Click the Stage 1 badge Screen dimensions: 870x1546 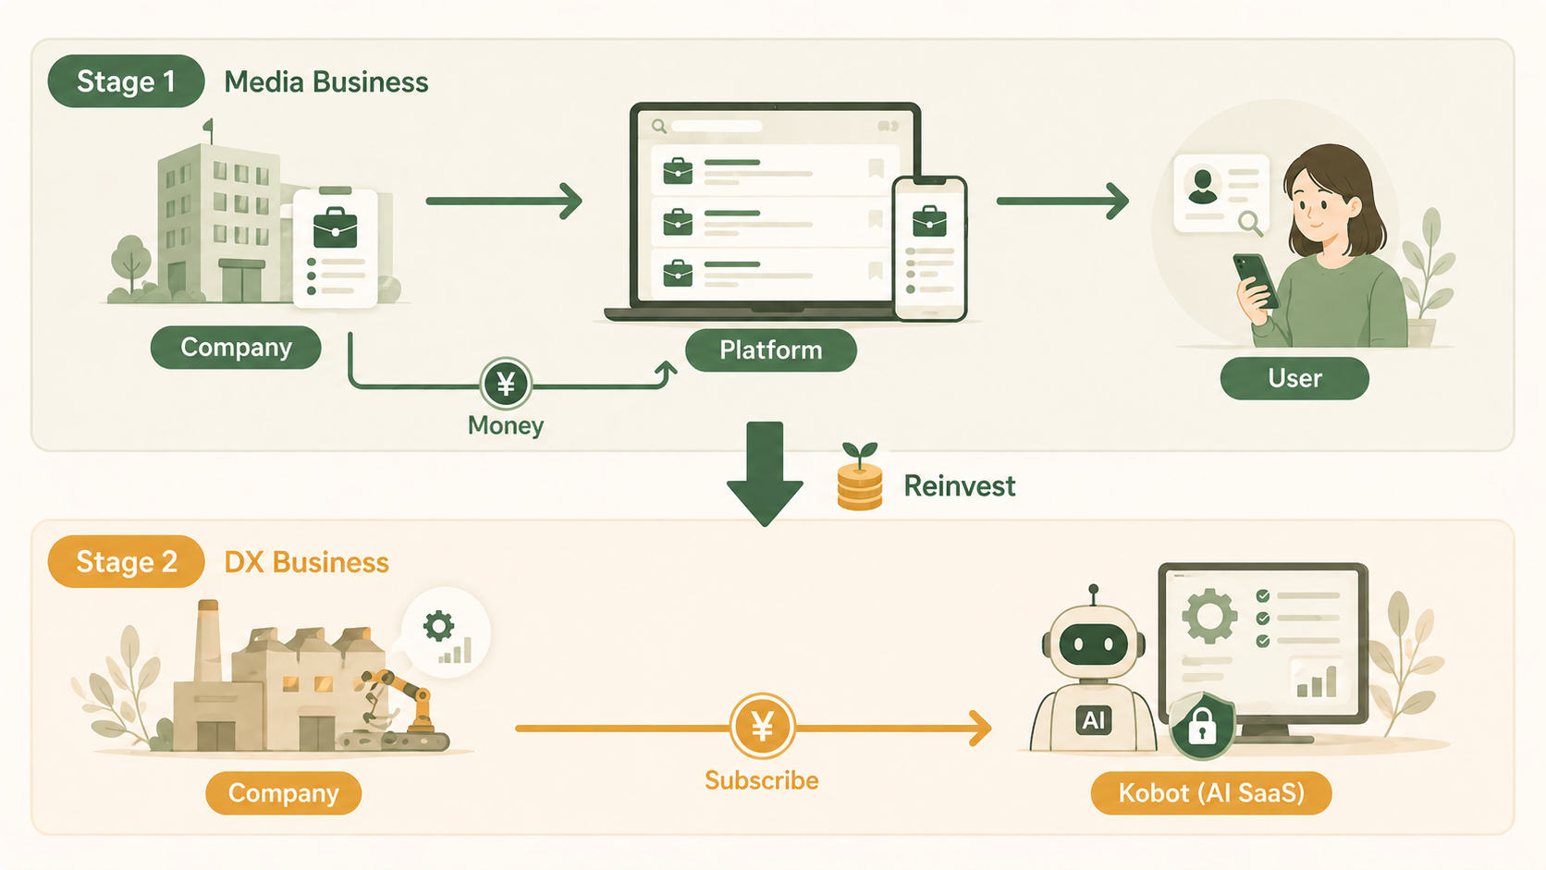[x=126, y=81]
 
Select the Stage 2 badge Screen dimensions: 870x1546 [x=126, y=562]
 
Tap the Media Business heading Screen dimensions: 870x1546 [x=326, y=82]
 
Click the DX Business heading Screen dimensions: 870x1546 [x=306, y=563]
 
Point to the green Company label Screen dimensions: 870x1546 [x=236, y=348]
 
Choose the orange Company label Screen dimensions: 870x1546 [x=283, y=793]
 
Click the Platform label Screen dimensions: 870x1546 [x=770, y=350]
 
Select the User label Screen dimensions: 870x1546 [x=1294, y=378]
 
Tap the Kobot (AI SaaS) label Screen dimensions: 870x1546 [x=1210, y=793]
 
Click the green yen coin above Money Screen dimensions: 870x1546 [x=506, y=384]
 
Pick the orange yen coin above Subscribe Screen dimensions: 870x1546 [x=762, y=727]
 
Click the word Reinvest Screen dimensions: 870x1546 [x=959, y=486]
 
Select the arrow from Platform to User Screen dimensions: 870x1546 [x=1062, y=201]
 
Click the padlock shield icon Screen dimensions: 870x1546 [x=1202, y=727]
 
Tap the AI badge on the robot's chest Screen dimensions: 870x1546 [x=1094, y=720]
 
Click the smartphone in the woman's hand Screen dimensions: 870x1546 [x=1257, y=279]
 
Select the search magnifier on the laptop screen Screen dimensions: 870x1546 [x=659, y=126]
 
